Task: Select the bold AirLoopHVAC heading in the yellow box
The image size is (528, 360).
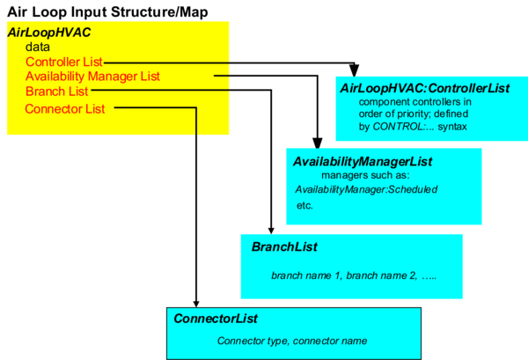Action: [48, 32]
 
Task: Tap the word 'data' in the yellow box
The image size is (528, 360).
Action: [38, 47]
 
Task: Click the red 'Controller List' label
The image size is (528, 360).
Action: [64, 62]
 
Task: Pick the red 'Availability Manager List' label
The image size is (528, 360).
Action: [92, 77]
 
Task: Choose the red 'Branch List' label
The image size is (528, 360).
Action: [56, 92]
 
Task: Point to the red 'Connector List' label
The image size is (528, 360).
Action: [65, 108]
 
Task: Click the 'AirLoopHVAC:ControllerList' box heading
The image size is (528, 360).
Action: [425, 88]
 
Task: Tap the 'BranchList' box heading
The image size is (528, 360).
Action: [284, 247]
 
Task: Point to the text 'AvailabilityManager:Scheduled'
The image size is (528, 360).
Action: [365, 190]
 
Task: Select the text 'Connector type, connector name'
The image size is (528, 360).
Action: [291, 341]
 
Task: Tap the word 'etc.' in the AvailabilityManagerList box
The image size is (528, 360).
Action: [304, 205]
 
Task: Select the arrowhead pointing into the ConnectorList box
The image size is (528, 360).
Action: [196, 300]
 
